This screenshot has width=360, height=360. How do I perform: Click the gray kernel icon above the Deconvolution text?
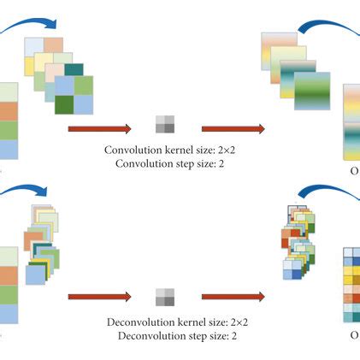tap(164, 297)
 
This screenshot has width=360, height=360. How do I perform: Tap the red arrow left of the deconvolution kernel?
tap(99, 297)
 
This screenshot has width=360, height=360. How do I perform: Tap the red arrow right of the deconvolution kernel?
tap(233, 297)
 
